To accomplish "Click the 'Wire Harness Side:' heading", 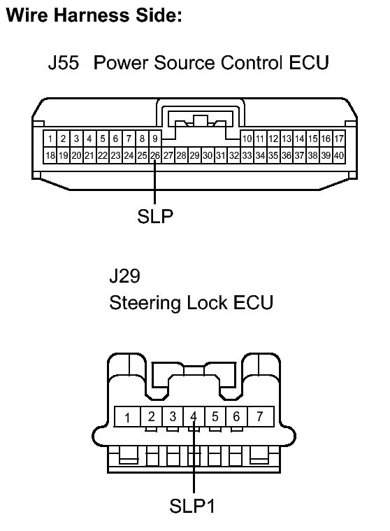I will tap(94, 17).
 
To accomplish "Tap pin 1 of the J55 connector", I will tap(50, 139).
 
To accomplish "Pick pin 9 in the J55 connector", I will tap(155, 139).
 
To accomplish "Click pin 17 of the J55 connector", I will tap(338, 139).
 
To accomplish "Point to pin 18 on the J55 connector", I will tap(50, 155).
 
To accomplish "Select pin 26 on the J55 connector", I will tap(155, 155).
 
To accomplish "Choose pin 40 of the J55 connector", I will tap(338, 155).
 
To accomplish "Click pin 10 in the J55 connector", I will tap(247, 139).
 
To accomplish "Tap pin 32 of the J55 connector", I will tap(234, 155).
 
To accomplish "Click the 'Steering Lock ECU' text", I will tap(191, 304).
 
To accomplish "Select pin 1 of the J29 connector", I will tap(128, 418).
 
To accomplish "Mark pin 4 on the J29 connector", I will tap(194, 417).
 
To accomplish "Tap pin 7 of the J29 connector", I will tap(259, 417).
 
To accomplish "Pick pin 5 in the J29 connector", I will tap(215, 417).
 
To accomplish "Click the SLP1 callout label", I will tap(194, 505).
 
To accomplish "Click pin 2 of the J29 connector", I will tap(151, 417).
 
